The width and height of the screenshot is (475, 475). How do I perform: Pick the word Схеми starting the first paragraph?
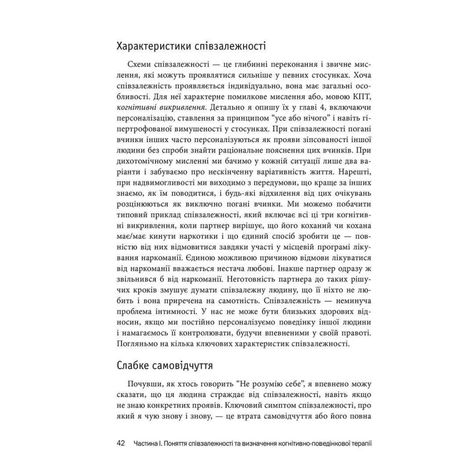coord(141,64)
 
